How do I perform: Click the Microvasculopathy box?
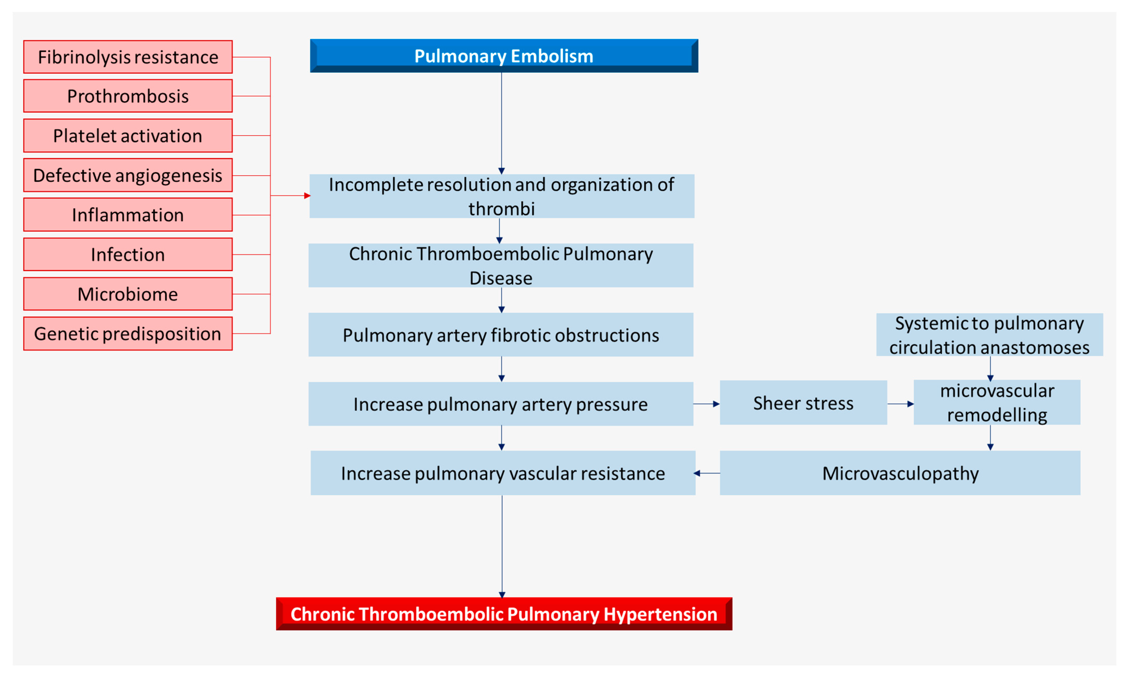coord(900,473)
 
